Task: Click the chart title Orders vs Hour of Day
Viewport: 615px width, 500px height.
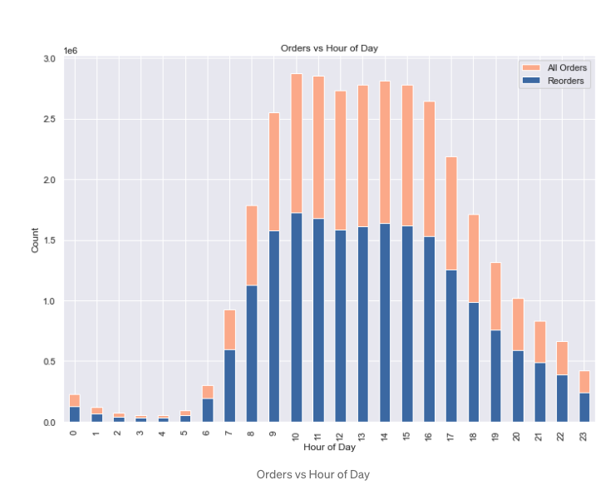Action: [328, 48]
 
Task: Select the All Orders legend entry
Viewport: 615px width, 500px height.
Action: [565, 67]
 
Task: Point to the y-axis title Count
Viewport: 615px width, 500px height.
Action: [35, 240]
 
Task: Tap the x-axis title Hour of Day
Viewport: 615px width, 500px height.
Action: [331, 448]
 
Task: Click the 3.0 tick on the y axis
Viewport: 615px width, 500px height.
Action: [48, 59]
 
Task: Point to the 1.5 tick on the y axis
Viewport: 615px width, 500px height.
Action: [48, 240]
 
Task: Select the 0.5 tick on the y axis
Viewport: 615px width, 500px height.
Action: [48, 362]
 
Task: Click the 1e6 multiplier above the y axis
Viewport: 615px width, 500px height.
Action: [71, 51]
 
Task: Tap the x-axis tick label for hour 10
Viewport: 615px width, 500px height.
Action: [297, 435]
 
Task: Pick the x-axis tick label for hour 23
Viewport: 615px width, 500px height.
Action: [585, 435]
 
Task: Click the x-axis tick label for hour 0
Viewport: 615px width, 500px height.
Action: [75, 433]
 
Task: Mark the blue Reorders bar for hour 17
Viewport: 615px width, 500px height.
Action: [451, 346]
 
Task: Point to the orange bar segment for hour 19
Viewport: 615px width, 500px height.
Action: [496, 296]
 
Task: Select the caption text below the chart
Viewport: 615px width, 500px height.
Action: [312, 474]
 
